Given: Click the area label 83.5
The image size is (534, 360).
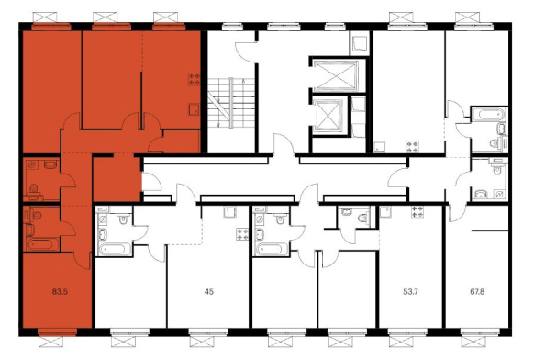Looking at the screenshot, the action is pos(61,292).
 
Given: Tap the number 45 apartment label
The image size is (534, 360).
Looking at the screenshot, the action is pos(209,292).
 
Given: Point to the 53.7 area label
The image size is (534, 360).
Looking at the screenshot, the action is pos(410,292).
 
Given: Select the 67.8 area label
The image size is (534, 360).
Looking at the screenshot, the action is pos(477,292).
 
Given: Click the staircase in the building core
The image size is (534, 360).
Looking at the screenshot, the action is pos(231,103).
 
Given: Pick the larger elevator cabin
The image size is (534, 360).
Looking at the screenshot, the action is pos(336,75).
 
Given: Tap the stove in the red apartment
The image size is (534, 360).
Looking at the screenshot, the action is pos(195,79).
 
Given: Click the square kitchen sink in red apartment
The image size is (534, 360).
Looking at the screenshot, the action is pos(195,110).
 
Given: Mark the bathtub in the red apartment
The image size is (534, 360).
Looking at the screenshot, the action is pos(43,245).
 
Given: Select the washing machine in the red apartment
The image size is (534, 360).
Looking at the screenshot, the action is pos(32,164).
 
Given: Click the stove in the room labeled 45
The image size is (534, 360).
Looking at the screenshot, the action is pos(243,234).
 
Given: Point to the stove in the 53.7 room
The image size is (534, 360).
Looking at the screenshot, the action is pos(417,212).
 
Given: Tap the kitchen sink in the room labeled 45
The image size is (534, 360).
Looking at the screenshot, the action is pos(230,212).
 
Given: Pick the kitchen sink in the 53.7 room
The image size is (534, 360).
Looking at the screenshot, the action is pos(386,212).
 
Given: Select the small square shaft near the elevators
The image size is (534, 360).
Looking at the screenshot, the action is pos(360,44).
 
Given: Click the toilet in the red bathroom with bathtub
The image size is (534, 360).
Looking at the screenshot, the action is pos(36,215).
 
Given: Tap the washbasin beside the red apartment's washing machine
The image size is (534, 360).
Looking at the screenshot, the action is pos(50,164).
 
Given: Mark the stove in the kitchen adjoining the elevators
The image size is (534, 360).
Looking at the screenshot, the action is pos(413,147).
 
